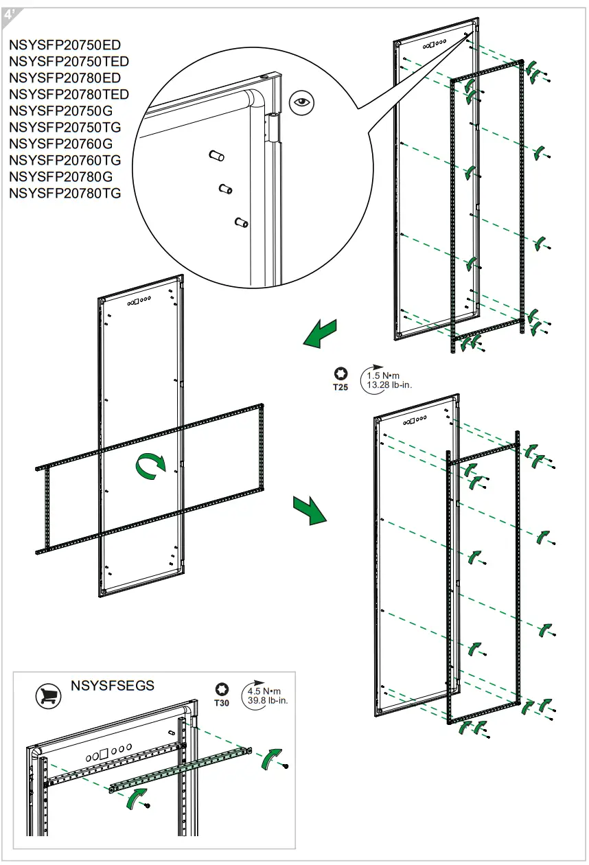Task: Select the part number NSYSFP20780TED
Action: click(x=69, y=95)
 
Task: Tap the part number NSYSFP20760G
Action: click(x=61, y=144)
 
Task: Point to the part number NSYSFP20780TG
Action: click(x=65, y=194)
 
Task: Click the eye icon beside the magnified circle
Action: click(x=300, y=103)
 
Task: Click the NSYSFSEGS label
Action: click(x=113, y=686)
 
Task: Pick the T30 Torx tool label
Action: click(x=221, y=703)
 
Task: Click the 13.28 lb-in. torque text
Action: click(x=389, y=385)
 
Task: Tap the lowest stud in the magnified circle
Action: click(x=240, y=222)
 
